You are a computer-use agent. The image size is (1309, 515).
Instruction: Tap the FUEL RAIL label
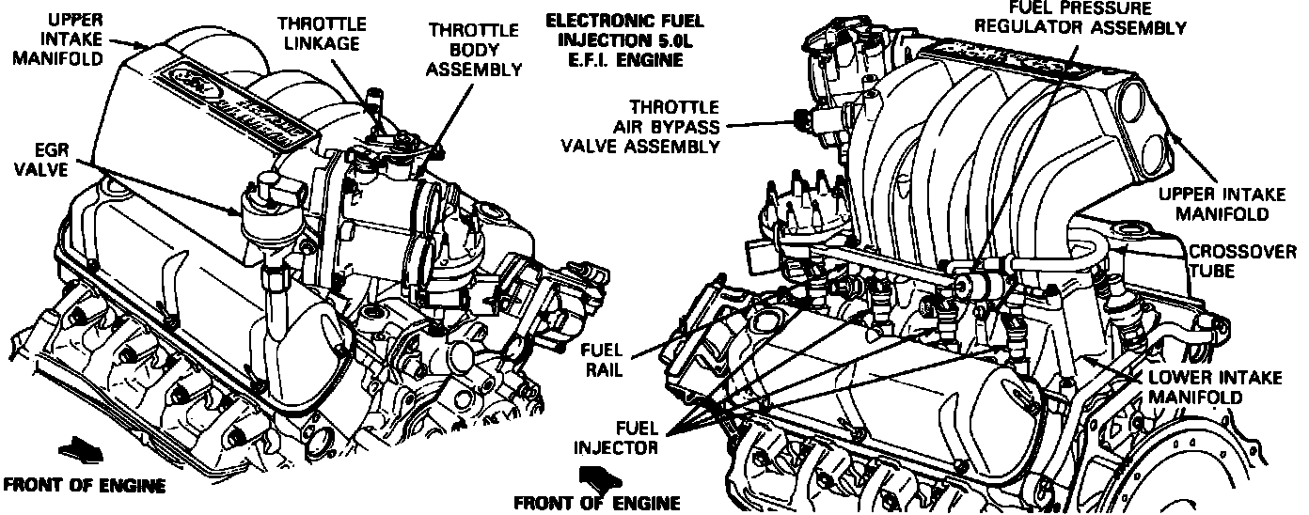(602, 358)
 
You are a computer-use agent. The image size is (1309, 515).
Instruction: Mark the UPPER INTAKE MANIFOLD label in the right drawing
(1222, 204)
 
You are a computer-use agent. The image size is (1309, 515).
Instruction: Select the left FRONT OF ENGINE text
(85, 486)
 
